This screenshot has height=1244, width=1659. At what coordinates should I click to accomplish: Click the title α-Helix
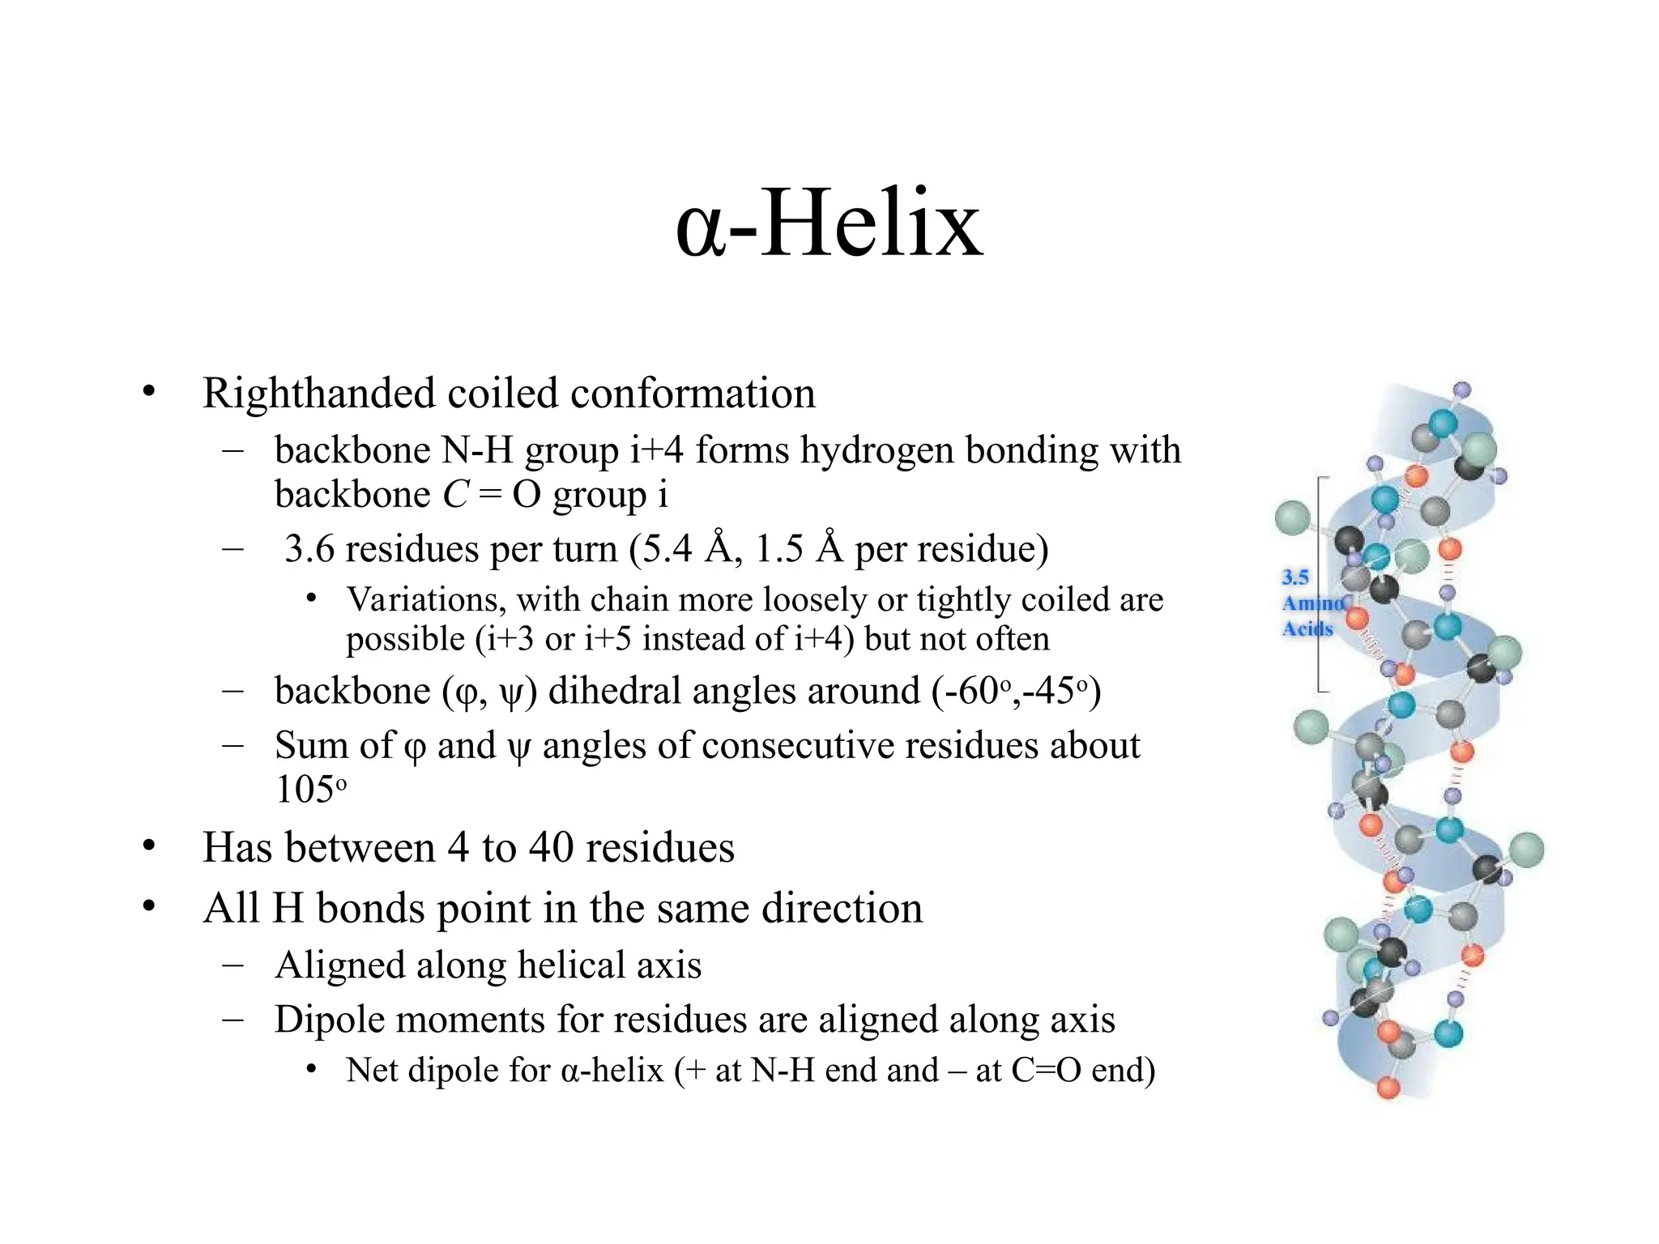829,224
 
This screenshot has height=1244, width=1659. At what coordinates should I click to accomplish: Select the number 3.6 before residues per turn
309,549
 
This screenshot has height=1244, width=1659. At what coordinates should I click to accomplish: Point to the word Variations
426,600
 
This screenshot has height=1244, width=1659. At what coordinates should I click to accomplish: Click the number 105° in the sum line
309,789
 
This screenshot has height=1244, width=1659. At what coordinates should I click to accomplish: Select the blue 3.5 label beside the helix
1294,577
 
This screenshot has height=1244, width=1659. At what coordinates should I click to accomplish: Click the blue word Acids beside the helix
1307,628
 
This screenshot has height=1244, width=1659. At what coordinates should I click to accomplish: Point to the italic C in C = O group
455,495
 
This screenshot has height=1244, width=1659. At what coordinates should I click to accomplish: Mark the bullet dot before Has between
148,846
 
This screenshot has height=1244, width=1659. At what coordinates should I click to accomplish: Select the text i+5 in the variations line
608,640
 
